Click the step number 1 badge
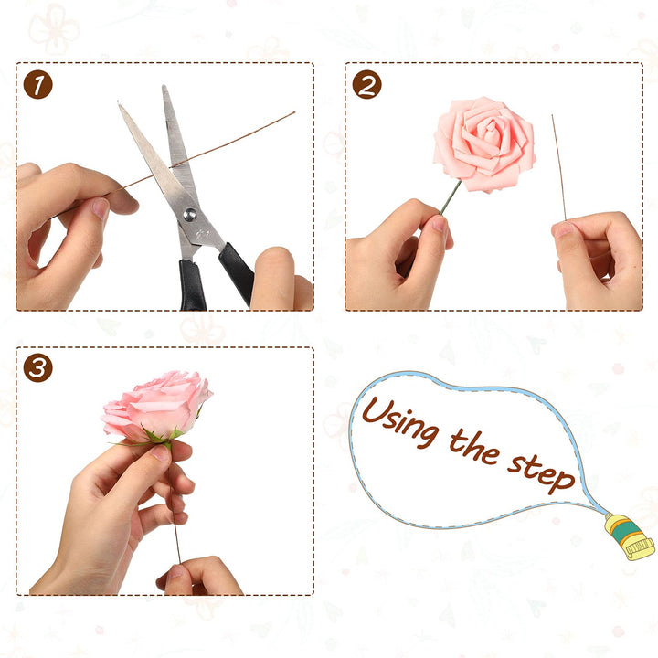pyautogui.click(x=37, y=84)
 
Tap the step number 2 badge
pyautogui.click(x=366, y=84)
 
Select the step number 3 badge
pyautogui.click(x=37, y=368)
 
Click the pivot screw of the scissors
pyautogui.click(x=190, y=215)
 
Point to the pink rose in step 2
pyautogui.click(x=484, y=144)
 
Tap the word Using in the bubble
pyautogui.click(x=401, y=421)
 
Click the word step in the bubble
pyautogui.click(x=541, y=473)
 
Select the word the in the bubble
pyautogui.click(x=474, y=447)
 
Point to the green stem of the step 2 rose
pyautogui.click(x=451, y=197)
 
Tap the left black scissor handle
pyautogui.click(x=192, y=285)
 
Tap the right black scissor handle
pyautogui.click(x=237, y=272)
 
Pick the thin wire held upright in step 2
pyautogui.click(x=558, y=167)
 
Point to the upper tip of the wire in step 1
pyautogui.click(x=294, y=112)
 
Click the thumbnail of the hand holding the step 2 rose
pyautogui.click(x=440, y=224)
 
